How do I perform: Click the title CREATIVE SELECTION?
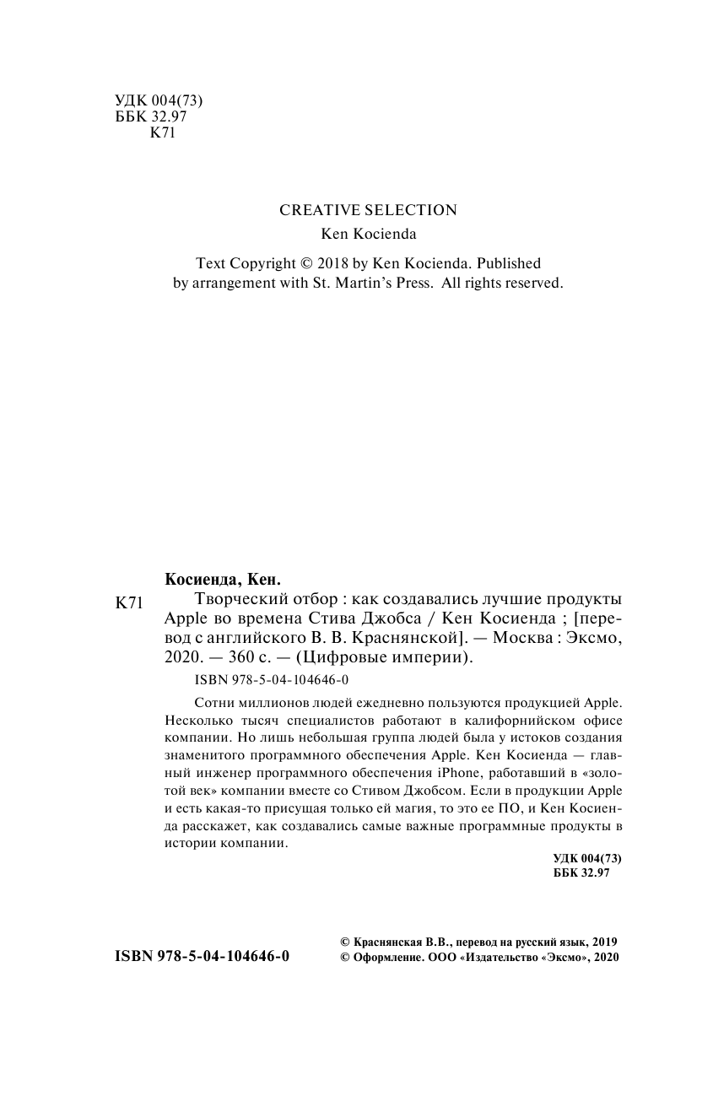[368, 210]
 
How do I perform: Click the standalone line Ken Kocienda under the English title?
[368, 235]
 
